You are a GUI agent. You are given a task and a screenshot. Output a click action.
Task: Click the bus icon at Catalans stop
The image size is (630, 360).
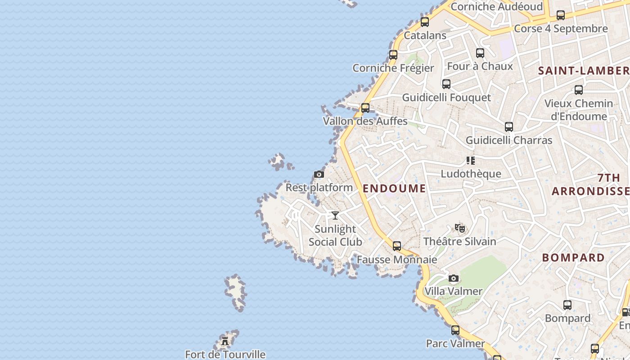tap(425, 22)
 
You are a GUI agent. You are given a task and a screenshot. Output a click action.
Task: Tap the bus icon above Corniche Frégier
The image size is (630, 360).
tap(393, 55)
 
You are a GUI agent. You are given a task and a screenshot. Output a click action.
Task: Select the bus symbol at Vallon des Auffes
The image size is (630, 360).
tap(365, 108)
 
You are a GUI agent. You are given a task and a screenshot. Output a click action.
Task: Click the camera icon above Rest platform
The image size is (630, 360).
tap(319, 175)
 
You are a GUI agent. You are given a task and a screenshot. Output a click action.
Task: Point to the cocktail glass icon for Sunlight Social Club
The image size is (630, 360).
tap(335, 216)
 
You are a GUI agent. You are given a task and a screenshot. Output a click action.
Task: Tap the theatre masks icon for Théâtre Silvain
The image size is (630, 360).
tap(459, 228)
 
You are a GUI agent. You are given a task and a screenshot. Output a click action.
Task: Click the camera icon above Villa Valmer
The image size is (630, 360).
tap(454, 279)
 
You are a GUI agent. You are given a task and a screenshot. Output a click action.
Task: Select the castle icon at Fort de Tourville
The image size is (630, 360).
tap(225, 341)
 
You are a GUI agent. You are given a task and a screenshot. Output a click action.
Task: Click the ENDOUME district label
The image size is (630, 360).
tap(394, 189)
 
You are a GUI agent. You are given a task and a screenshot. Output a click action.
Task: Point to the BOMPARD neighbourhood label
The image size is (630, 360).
tap(573, 258)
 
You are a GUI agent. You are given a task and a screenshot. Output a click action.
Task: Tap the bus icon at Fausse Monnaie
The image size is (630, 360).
tap(397, 246)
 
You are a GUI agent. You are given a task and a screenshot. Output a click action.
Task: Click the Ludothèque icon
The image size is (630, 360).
tap(471, 161)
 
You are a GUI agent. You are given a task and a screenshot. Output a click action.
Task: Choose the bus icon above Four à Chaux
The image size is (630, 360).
tap(480, 53)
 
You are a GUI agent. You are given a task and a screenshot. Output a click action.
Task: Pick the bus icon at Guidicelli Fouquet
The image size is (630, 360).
tap(446, 84)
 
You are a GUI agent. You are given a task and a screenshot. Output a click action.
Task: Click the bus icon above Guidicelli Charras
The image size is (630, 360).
tap(509, 127)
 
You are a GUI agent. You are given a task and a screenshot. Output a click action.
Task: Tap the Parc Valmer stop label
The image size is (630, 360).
tap(455, 344)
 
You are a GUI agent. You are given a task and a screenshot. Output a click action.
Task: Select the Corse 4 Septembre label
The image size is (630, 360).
tap(561, 29)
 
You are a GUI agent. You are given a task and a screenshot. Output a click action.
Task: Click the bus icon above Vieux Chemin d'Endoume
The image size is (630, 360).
tap(579, 90)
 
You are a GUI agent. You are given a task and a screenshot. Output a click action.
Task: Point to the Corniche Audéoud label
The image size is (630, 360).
tap(497, 7)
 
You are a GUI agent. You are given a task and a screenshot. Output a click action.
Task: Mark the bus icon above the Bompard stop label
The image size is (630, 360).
tap(567, 305)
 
